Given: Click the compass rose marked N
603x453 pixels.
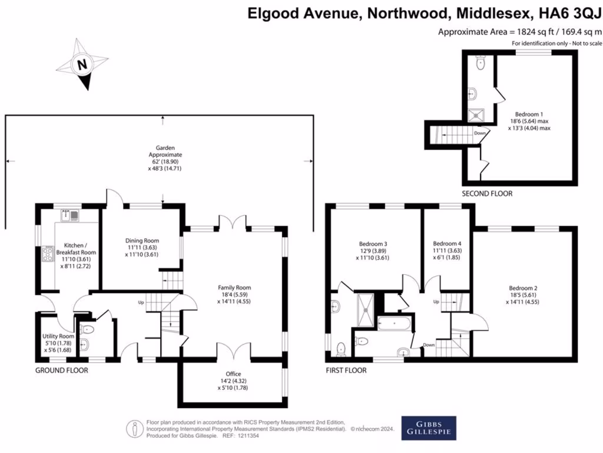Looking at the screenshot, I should click(83, 64).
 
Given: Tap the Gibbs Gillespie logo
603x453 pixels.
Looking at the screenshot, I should click(429, 428).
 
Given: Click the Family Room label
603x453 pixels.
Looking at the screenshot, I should click(235, 294).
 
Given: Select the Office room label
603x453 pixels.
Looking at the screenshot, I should click(233, 381).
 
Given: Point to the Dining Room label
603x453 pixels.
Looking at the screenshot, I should click(142, 247).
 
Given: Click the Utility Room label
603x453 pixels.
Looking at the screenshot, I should click(57, 343).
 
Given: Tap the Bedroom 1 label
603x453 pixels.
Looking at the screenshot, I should click(529, 120).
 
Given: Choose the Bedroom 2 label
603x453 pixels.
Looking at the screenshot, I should click(523, 294).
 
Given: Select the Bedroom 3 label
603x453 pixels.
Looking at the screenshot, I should click(373, 250).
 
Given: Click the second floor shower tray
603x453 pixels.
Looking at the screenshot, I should click(475, 115).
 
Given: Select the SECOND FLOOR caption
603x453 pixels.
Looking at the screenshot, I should click(487, 193).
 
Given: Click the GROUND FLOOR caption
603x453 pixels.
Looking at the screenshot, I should click(62, 370).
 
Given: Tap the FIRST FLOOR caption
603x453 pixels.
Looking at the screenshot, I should click(346, 370).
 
